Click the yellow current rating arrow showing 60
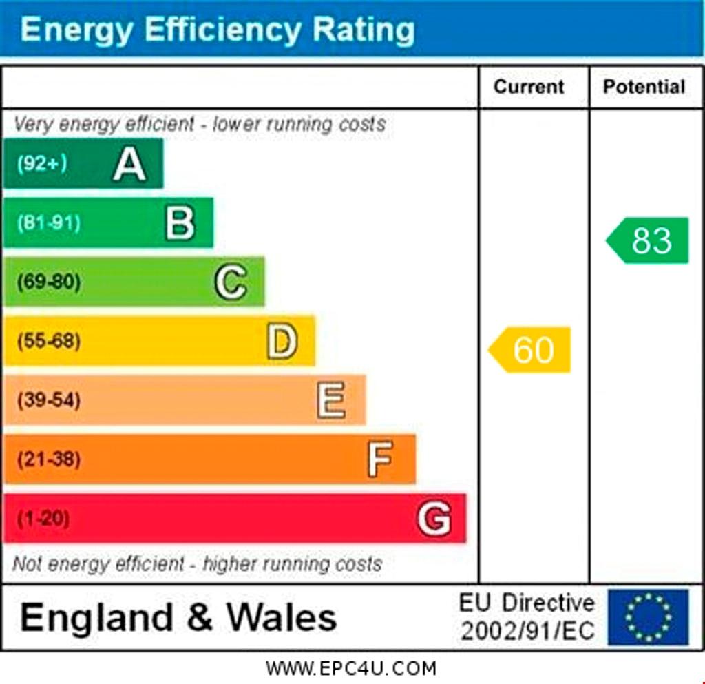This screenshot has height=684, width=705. coord(530,350)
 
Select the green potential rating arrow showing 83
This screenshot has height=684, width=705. coord(648,240)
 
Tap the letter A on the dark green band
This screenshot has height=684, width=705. coord(129,164)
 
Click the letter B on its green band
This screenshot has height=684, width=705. coord(180,223)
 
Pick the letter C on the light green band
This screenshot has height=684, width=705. coord(231,282)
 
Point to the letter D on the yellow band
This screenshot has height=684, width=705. coord(282,341)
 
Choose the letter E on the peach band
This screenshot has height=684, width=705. coord(331,400)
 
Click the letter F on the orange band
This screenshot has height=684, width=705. coord(380,459)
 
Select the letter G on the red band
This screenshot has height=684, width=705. coord(434,518)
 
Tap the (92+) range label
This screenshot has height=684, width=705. coord(42,164)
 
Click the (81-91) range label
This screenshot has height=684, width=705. coord(48,222)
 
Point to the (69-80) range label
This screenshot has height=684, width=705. coord(48,282)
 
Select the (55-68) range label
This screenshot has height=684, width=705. coord(48,341)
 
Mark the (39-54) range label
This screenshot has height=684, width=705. coord(48,400)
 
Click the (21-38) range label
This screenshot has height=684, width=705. coord(48,459)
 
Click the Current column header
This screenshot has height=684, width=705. coord(529,87)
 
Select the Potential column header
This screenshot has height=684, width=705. coord(644,87)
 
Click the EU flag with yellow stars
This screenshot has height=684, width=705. coord(648,616)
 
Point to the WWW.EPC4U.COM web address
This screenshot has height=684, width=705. coord(351,668)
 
